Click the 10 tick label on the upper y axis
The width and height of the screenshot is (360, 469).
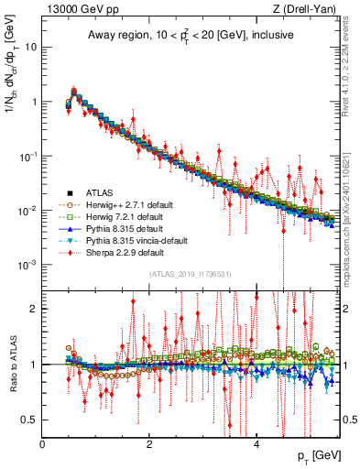point(30,47)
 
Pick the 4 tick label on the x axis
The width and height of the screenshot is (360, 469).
point(256,443)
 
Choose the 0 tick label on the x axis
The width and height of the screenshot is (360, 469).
point(42,443)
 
